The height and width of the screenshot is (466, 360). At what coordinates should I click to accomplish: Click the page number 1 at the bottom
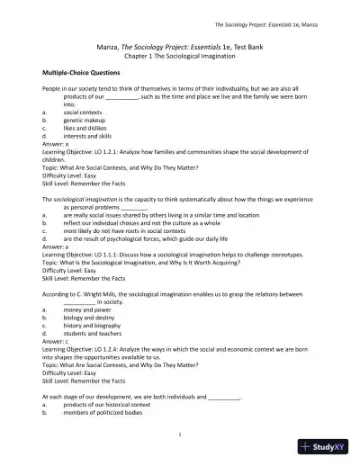click(180, 435)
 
